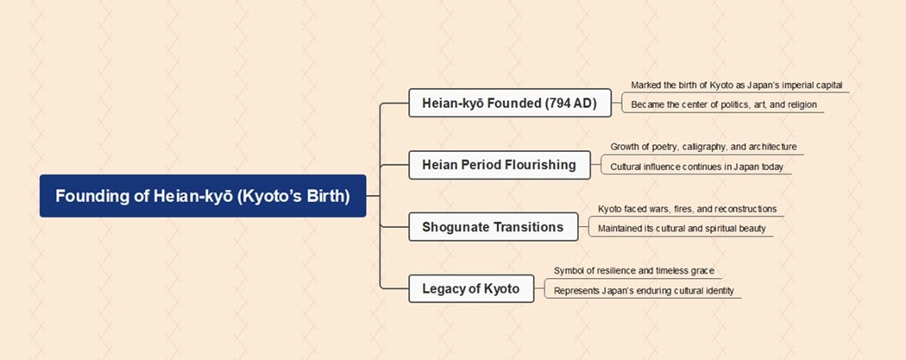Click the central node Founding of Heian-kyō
pos(203,196)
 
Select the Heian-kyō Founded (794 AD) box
pos(509,104)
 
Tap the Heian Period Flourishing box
pos(499,164)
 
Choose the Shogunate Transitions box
pos(493,227)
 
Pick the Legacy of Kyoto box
pos(470,288)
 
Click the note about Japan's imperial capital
pos(736,85)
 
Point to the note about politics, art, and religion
pos(723,104)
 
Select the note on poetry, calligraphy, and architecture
pos(703,147)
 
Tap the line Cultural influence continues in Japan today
pos(696,167)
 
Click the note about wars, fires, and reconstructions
pos(687,209)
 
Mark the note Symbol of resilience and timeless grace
pos(633,271)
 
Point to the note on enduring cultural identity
pos(644,291)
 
